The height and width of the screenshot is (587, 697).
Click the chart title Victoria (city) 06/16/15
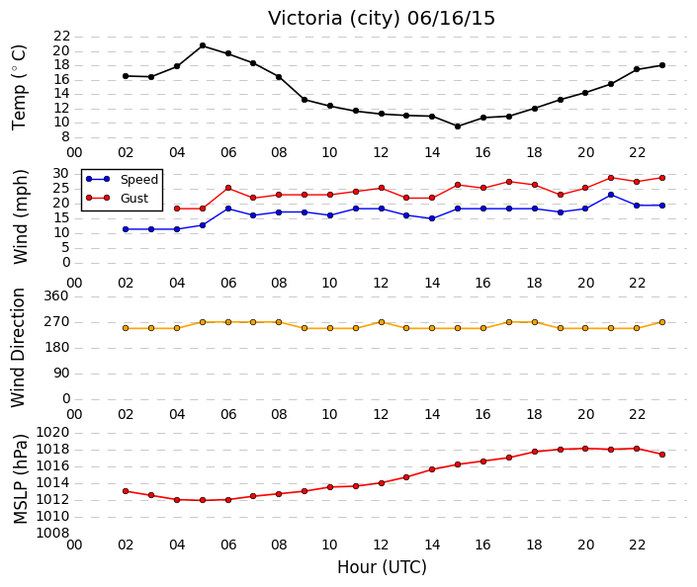coord(382,18)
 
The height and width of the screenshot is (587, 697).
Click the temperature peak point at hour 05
coord(203,45)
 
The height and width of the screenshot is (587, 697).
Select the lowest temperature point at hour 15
coord(458,126)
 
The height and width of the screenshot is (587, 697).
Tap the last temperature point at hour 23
coord(662,65)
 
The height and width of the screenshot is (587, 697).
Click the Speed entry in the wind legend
coord(123,179)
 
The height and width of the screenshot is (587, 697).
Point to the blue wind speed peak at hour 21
coord(611,195)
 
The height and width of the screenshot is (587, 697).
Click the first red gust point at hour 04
coord(177,209)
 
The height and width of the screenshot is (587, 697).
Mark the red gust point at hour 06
coord(228,188)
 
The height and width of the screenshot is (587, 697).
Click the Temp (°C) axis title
coord(19,88)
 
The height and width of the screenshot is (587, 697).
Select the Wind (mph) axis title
coord(21,216)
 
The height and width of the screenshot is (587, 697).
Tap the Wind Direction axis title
coord(18,348)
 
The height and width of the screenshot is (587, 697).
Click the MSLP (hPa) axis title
coord(21,479)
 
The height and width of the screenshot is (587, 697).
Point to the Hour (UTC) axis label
coord(382,567)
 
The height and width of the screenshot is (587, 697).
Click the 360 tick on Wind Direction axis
coord(56,295)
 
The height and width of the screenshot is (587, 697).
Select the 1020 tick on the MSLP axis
coord(52,433)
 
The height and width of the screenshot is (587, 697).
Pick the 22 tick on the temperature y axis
coord(61,37)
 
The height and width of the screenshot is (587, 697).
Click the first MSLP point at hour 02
coord(126,491)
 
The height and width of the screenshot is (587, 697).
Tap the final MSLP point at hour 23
coord(662,455)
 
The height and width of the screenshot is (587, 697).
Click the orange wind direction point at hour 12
coord(382,322)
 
